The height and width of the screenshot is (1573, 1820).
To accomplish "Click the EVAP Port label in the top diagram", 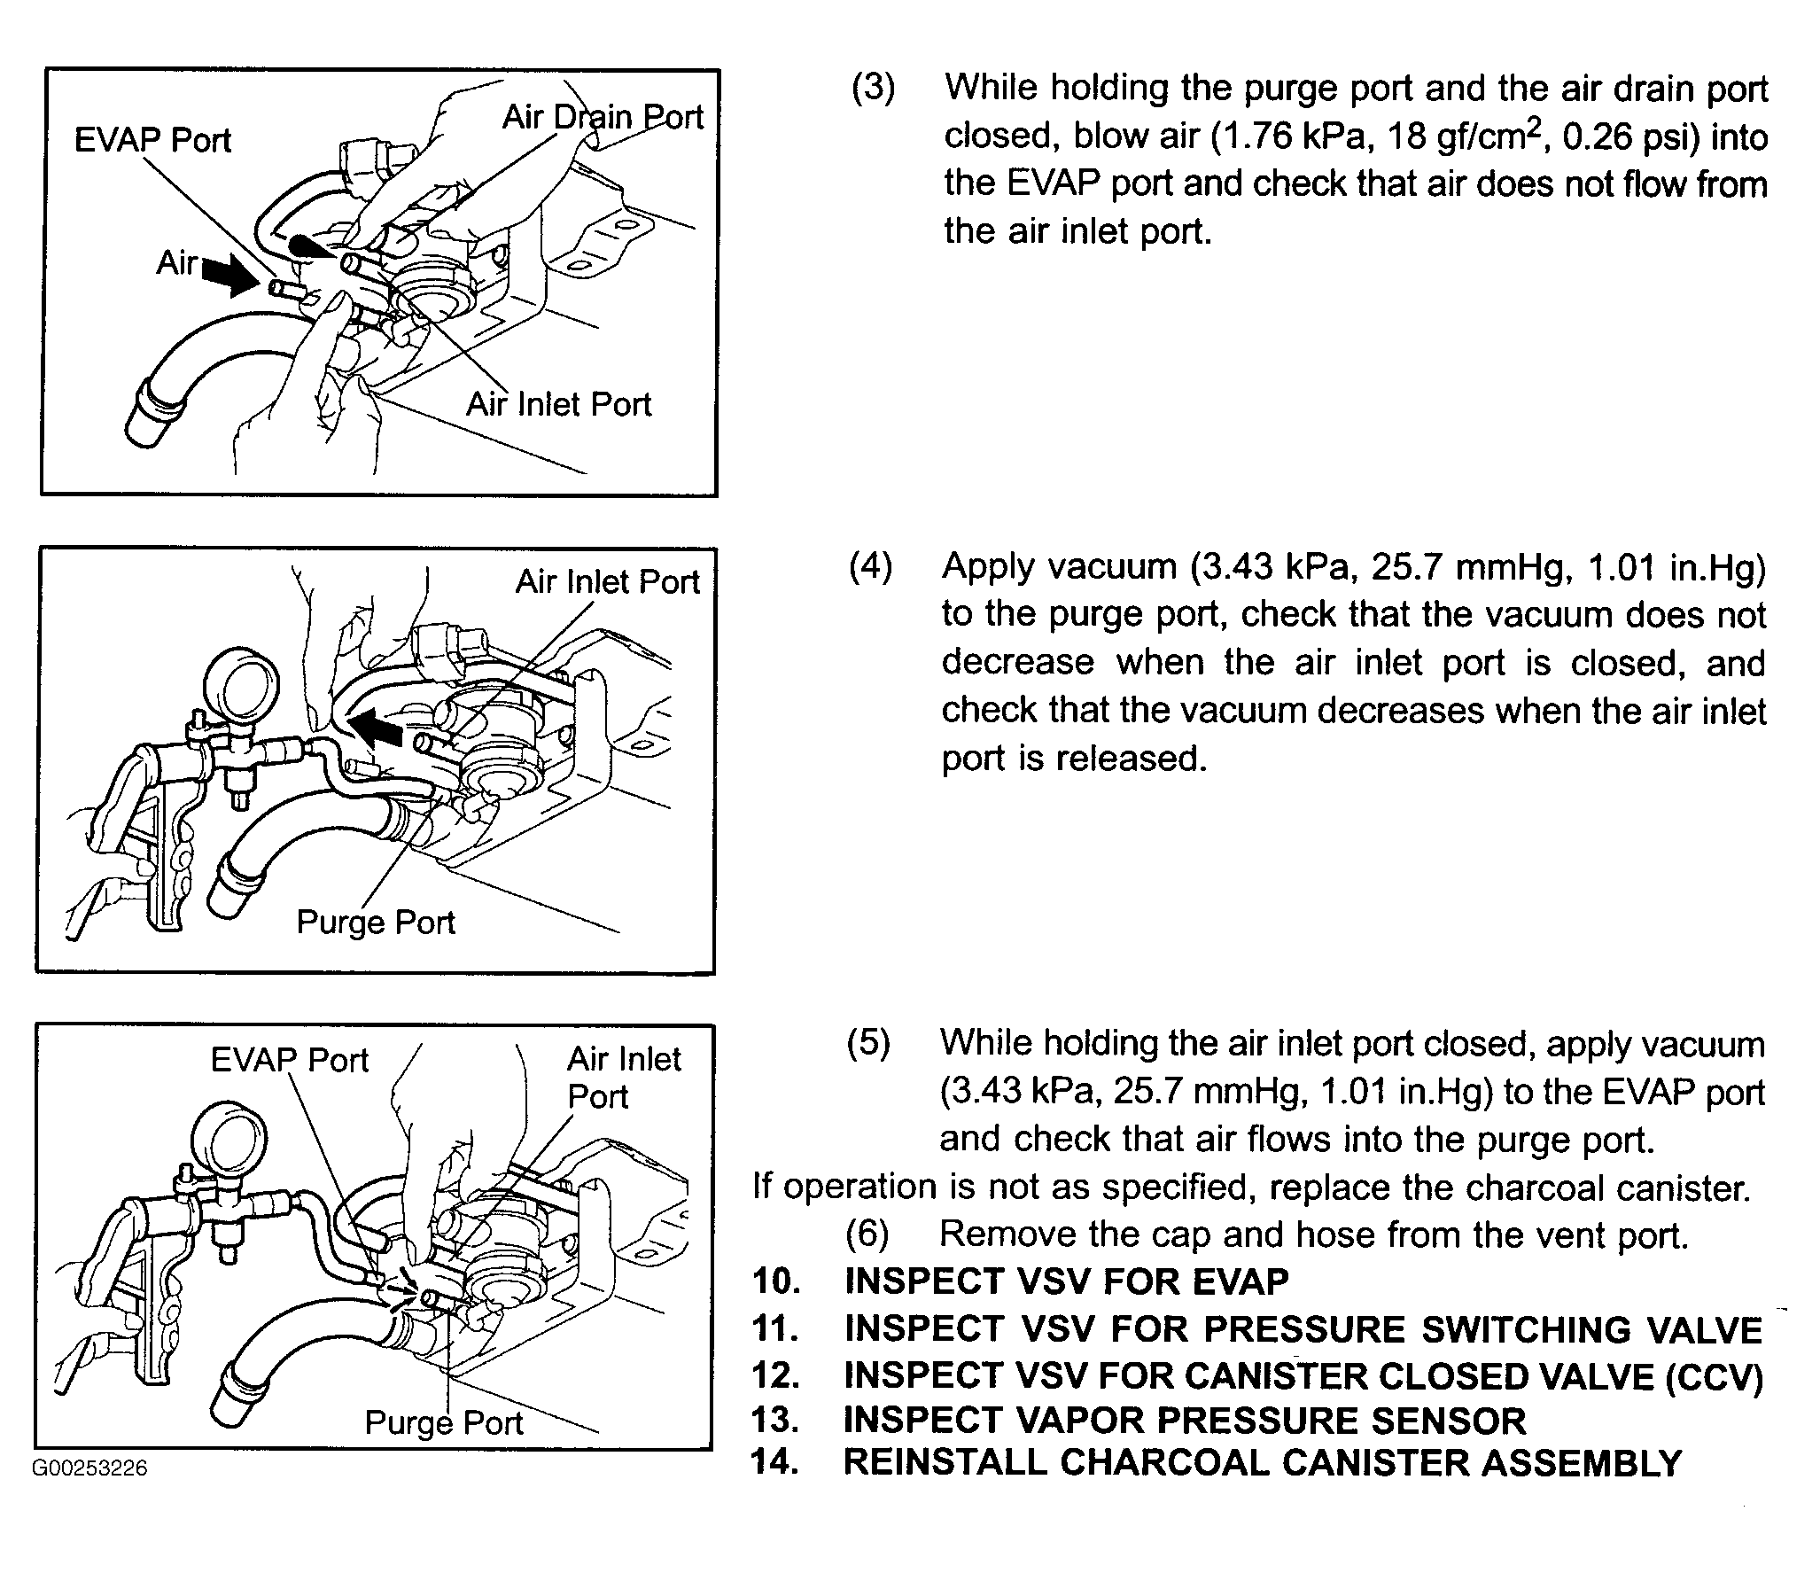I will (152, 140).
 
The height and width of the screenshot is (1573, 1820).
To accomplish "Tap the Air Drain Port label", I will (603, 117).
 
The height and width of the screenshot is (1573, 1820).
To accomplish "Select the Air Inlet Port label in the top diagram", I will (558, 404).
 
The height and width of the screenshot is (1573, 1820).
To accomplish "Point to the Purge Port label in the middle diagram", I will (375, 923).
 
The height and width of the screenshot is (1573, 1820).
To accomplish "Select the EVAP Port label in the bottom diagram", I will (289, 1060).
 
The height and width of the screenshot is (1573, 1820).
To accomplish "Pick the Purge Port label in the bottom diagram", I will (444, 1422).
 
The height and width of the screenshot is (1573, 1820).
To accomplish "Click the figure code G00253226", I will (89, 1468).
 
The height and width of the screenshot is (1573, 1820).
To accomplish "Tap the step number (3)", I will (873, 89).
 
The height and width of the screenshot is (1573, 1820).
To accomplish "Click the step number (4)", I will (870, 566).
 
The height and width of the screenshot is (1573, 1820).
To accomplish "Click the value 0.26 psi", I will (1618, 136).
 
